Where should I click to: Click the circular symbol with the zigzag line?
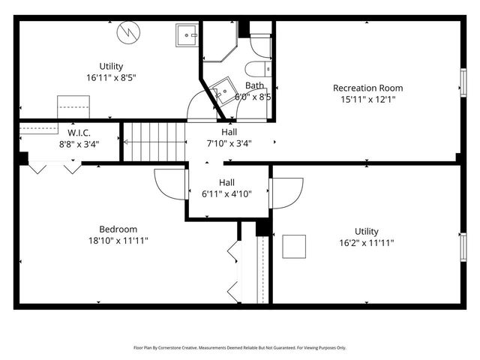pos(128,32)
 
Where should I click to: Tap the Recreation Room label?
pos(367,88)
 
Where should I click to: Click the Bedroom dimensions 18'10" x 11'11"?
pos(118,241)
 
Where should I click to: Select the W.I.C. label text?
pos(69,133)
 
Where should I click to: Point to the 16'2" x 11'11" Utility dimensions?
pos(367,242)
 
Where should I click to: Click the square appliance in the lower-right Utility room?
pos(294,247)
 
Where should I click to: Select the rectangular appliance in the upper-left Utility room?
pos(73,106)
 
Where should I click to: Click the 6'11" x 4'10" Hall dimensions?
pos(226,193)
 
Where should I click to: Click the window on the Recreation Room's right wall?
pos(463,80)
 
